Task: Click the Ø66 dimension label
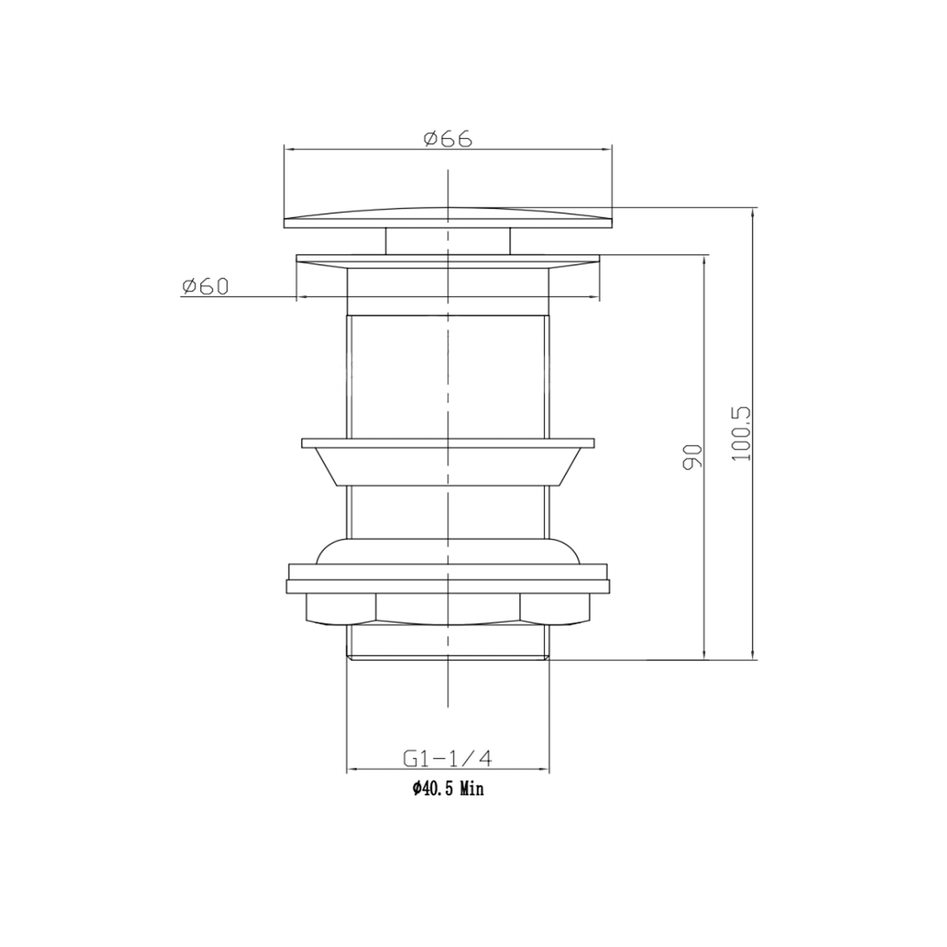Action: (x=448, y=139)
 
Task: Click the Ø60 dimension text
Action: (x=205, y=287)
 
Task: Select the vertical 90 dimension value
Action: (x=692, y=457)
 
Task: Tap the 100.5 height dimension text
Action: (x=741, y=433)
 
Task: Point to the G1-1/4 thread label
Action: (x=448, y=759)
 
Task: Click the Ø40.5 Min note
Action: (x=448, y=789)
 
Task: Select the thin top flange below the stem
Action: (x=448, y=259)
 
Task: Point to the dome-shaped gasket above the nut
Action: (x=448, y=552)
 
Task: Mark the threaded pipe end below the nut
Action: (x=448, y=642)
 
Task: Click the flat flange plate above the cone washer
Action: (x=448, y=443)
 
